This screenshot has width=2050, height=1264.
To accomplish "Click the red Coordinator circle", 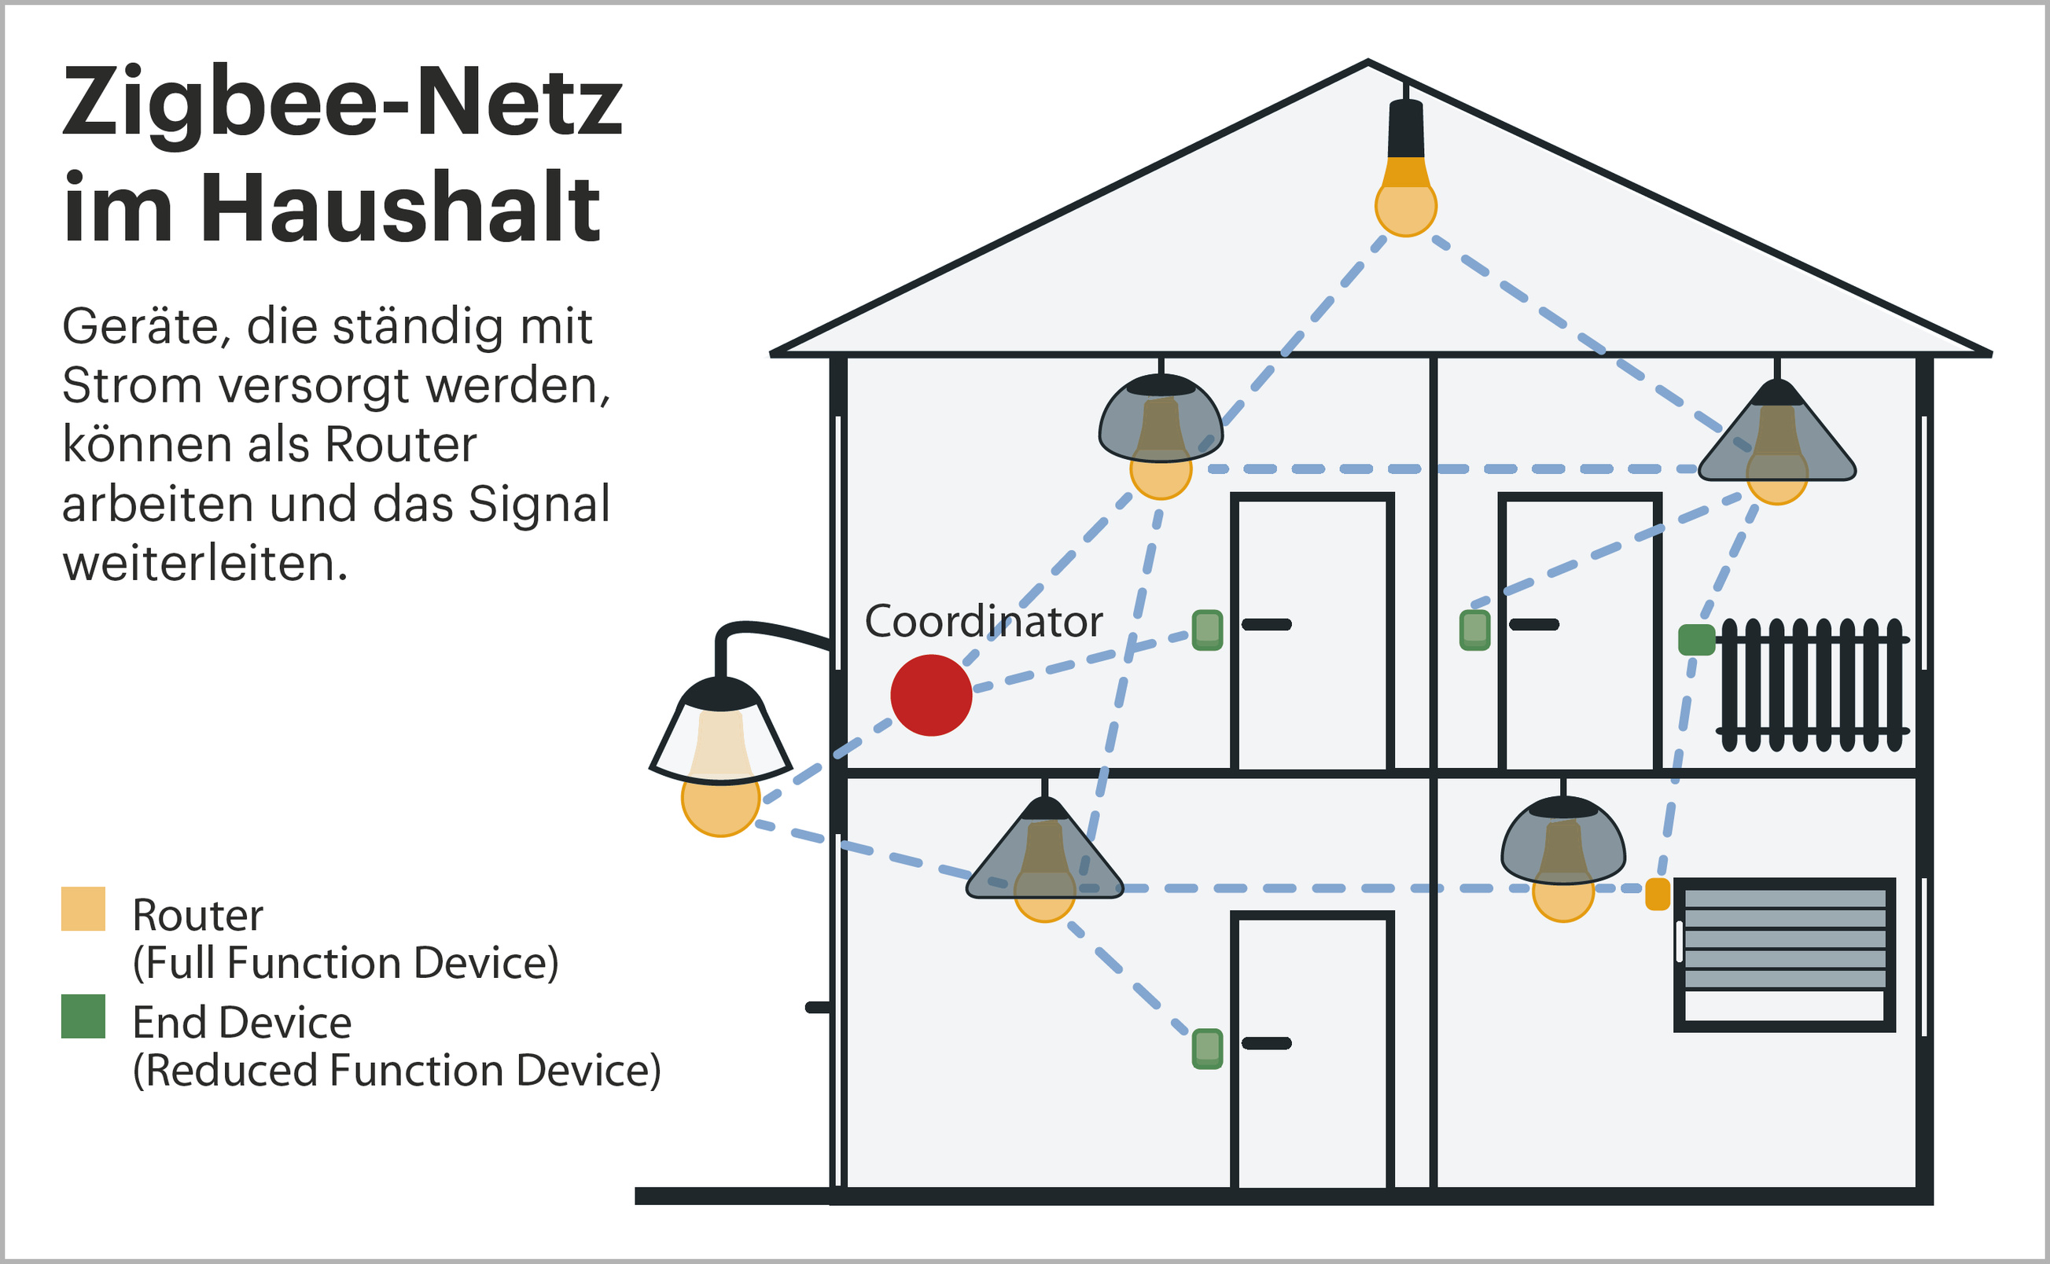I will tap(930, 695).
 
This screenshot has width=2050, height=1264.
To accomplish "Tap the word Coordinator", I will tap(983, 622).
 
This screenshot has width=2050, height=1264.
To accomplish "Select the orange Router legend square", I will tap(83, 909).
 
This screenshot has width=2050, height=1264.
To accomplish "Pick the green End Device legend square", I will tap(83, 1016).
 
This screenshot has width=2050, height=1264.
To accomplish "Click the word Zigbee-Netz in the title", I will tap(343, 103).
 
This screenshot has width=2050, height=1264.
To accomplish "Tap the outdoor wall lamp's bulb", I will tap(720, 800).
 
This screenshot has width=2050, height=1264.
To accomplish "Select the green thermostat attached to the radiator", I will tap(1696, 640).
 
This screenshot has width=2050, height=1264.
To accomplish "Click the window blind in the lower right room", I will tap(1784, 954).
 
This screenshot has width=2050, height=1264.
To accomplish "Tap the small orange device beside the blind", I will tap(1657, 894).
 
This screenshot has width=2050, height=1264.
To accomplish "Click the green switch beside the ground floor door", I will tap(1206, 1048).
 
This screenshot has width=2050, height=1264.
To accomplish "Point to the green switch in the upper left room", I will tap(1206, 630).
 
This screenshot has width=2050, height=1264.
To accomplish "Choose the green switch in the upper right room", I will tap(1475, 630).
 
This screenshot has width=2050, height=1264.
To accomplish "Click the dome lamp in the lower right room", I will tap(1562, 844).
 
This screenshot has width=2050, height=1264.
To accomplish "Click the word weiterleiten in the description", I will tap(204, 564).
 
